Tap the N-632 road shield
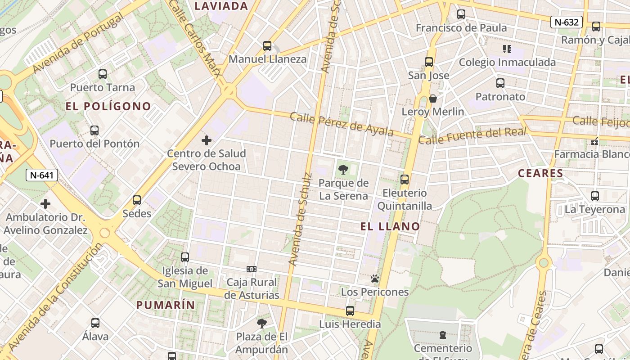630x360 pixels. [x=567, y=22]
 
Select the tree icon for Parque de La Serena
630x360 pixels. [x=343, y=170]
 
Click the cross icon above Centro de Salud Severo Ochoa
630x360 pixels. [x=207, y=140]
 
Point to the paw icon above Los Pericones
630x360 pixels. [x=375, y=279]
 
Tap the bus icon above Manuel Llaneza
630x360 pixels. [x=267, y=46]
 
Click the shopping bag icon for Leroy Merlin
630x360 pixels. [x=433, y=99]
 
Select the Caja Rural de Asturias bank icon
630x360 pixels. [x=252, y=269]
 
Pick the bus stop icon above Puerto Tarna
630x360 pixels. [x=103, y=74]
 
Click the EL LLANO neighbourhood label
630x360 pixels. [x=390, y=227]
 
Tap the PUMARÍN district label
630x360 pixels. [x=166, y=305]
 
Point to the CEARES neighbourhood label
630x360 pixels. [x=540, y=173]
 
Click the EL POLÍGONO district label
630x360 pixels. [x=108, y=106]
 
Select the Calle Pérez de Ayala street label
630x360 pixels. [x=342, y=124]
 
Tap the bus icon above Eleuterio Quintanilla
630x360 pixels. [x=405, y=180]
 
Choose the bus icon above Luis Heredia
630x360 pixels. [x=350, y=311]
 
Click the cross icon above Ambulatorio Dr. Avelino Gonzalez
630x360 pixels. [x=45, y=204]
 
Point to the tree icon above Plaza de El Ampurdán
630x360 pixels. [x=261, y=323]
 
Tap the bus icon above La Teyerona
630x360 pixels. [x=595, y=196]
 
